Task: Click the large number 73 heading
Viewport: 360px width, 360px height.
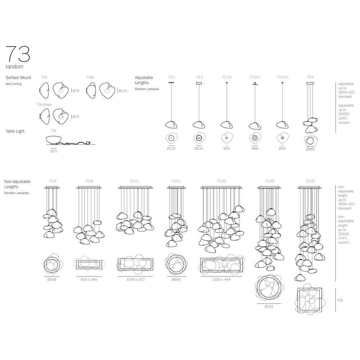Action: (x=18, y=54)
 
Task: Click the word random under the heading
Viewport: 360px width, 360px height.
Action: (x=14, y=67)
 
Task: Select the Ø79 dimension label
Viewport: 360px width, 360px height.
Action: (x=76, y=91)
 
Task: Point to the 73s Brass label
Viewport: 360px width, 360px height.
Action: (x=44, y=104)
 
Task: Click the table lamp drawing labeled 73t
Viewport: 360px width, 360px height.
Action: (x=55, y=139)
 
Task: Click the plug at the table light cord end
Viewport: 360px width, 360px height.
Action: (x=88, y=143)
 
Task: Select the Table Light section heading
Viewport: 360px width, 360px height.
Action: (x=15, y=131)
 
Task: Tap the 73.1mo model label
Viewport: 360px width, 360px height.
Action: (x=282, y=77)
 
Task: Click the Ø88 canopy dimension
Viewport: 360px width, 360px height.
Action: (x=255, y=148)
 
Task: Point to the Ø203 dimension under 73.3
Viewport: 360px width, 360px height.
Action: (x=310, y=149)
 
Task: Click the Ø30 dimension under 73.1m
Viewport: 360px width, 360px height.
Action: (x=226, y=148)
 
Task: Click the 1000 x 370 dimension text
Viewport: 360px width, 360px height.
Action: (x=135, y=279)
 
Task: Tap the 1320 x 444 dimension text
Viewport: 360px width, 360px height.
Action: (x=221, y=279)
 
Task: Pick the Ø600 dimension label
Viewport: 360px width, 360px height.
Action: (x=176, y=279)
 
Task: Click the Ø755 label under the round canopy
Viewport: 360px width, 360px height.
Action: (x=269, y=307)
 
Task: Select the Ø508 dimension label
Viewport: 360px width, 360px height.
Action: (x=51, y=279)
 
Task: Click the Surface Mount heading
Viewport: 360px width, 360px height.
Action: (x=18, y=77)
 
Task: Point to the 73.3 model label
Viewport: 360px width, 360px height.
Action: (x=310, y=77)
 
